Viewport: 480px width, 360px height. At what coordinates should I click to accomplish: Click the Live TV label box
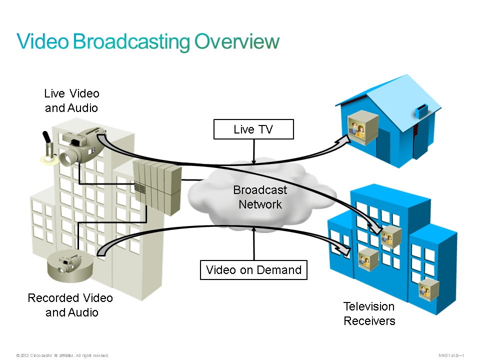(253, 129)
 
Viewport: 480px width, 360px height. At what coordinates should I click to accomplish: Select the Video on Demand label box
(253, 270)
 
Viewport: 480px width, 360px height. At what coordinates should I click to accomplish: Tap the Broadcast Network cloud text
(260, 197)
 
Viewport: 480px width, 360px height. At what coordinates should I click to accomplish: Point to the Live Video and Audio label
(71, 100)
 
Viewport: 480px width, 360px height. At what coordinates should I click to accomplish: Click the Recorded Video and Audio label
(70, 305)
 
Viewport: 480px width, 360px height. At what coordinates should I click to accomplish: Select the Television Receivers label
(369, 313)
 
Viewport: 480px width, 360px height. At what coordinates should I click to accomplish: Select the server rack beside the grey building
(157, 187)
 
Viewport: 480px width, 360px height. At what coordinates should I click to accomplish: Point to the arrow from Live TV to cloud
(254, 151)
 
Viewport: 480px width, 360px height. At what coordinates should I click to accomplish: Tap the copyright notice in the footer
(62, 355)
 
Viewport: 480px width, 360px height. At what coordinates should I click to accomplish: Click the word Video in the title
(42, 41)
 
